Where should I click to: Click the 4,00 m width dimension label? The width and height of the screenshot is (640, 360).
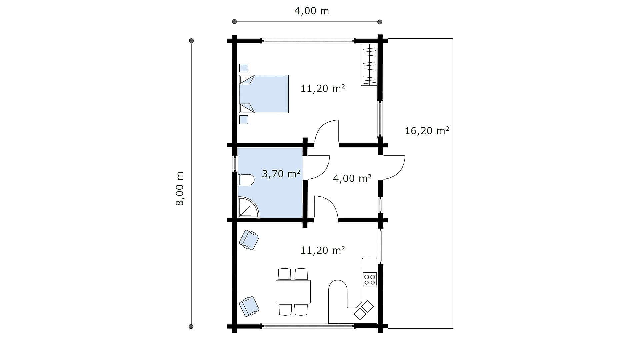tap(311, 11)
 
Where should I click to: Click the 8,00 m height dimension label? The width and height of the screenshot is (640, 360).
tap(180, 189)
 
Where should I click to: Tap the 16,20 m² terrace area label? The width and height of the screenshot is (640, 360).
tap(427, 130)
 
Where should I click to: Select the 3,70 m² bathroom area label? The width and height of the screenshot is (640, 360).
tap(281, 174)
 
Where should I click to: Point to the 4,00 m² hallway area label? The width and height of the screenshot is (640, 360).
tap(352, 178)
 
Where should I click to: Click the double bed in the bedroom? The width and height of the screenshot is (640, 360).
tap(264, 94)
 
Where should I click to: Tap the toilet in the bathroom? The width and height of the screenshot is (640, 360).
tap(246, 180)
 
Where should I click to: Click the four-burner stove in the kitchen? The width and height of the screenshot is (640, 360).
tap(370, 279)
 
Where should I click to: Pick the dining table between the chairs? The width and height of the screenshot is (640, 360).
tap(293, 291)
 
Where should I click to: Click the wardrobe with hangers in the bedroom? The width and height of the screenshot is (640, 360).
tap(369, 65)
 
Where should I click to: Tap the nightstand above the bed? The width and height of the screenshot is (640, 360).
tap(244, 68)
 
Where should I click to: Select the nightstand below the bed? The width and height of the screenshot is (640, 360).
tap(244, 120)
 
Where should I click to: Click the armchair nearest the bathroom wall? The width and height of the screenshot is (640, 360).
tap(249, 240)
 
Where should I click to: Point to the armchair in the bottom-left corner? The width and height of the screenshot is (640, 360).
tap(249, 306)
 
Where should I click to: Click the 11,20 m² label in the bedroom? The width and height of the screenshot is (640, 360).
tap(322, 89)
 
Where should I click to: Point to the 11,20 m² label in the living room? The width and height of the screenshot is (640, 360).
tap(322, 250)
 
